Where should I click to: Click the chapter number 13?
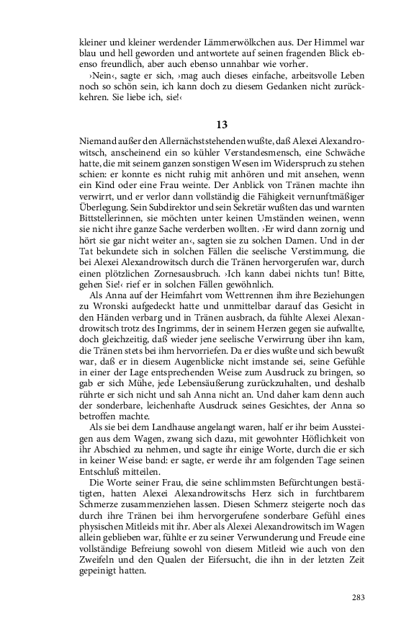tap(222, 104)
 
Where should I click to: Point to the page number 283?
tap(358, 597)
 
